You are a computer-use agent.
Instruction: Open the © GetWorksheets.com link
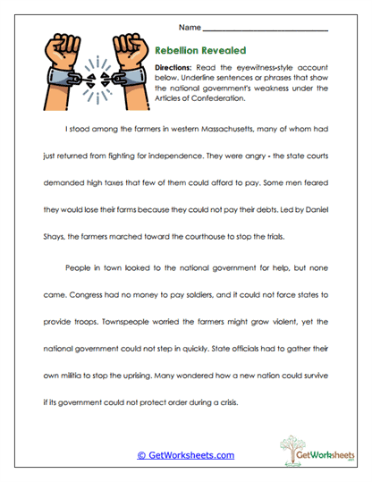pos(185,454)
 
